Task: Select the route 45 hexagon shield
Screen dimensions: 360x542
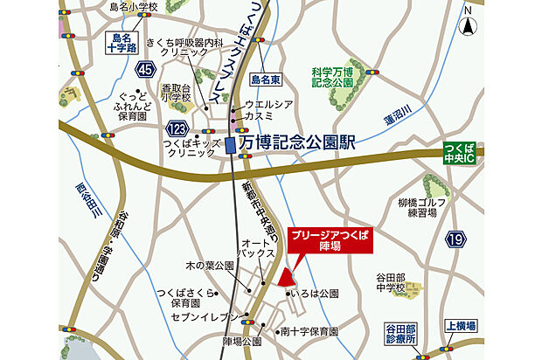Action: coord(146,69)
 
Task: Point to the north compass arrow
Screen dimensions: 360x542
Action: coord(468,23)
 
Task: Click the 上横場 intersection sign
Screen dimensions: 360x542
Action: coord(460,325)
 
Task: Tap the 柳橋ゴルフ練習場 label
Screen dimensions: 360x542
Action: coord(422,208)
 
